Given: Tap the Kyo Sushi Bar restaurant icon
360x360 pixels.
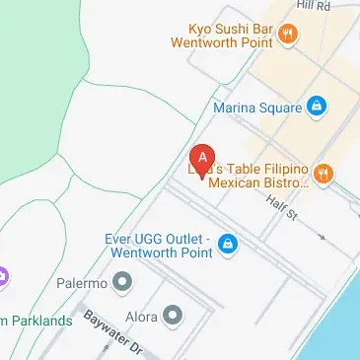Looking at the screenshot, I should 288,36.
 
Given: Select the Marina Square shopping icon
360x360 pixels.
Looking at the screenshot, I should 316,105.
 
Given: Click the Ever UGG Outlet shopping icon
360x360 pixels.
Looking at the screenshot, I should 228,244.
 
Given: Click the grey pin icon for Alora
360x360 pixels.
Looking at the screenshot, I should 174,317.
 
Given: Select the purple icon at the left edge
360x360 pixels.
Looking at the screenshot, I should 3,275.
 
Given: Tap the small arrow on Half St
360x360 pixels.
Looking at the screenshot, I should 322,238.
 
